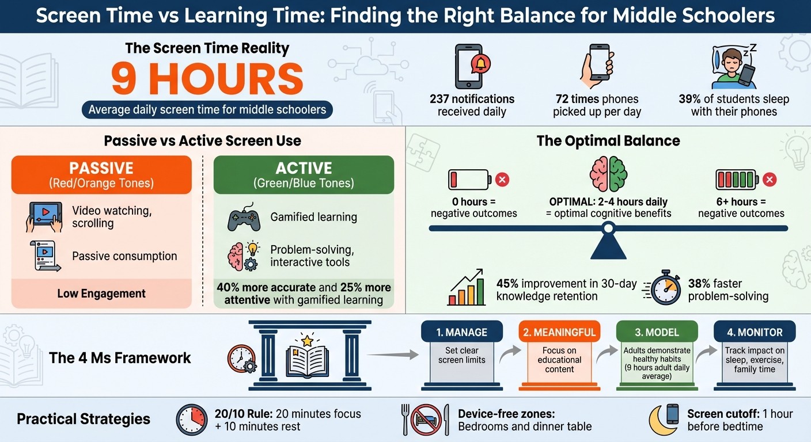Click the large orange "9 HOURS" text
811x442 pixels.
207,79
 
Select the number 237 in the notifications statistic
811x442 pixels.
442,99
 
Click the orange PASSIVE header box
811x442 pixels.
101,174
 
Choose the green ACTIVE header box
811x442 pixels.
304,174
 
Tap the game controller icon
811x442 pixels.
244,219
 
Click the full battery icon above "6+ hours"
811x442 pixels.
737,180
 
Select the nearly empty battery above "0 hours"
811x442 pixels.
469,180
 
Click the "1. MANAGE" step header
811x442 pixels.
461,332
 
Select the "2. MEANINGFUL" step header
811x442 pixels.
559,332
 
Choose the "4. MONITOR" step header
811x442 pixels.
754,332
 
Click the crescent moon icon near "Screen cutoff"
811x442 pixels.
662,420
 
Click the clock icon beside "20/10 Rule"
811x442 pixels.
192,419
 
